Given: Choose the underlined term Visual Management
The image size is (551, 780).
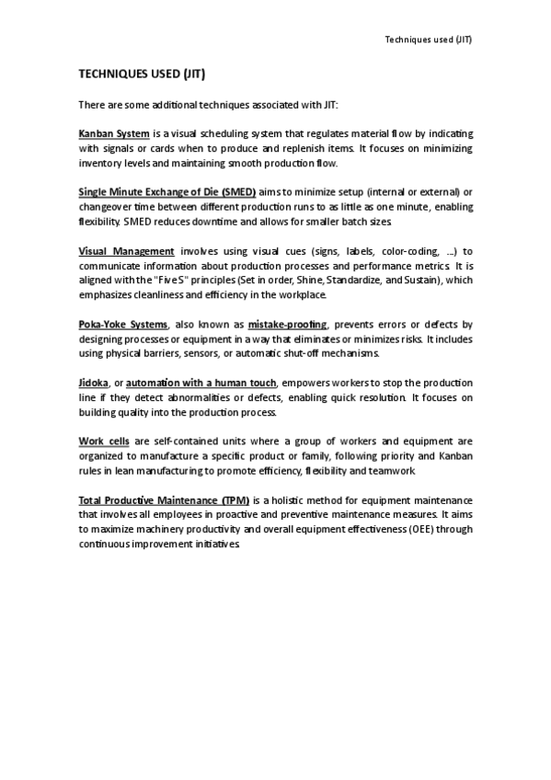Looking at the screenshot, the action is pyautogui.click(x=126, y=251).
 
